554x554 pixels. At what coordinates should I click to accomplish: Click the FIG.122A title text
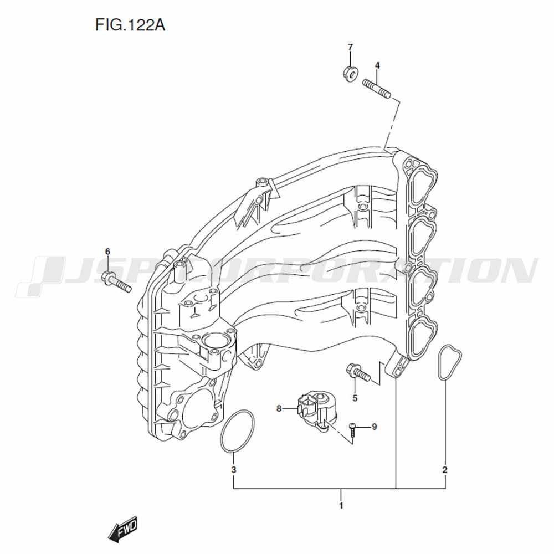click(x=130, y=25)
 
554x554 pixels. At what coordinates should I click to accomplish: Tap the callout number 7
click(x=350, y=47)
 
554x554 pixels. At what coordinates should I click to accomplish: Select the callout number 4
click(x=377, y=65)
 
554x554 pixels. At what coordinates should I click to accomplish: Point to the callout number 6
click(x=108, y=252)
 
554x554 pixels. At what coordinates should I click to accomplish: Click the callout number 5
click(x=355, y=398)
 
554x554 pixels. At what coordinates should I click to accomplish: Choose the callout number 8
click(x=279, y=408)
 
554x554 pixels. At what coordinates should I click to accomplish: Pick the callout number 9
click(x=374, y=427)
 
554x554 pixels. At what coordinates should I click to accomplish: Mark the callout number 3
click(x=234, y=470)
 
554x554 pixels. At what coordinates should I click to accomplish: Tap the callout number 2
click(x=445, y=470)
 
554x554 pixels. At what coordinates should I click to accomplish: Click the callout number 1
click(x=341, y=506)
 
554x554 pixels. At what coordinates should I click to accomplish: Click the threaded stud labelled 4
click(x=377, y=89)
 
